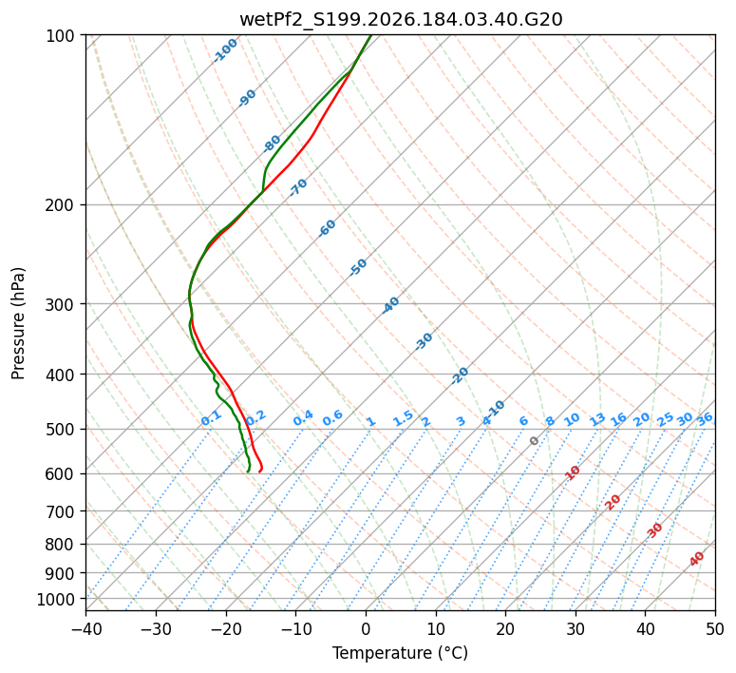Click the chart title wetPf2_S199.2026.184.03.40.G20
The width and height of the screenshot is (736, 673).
[401, 20]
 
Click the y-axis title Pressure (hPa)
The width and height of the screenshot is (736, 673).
[18, 323]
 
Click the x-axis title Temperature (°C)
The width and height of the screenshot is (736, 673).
[401, 653]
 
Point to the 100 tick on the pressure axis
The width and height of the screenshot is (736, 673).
[61, 36]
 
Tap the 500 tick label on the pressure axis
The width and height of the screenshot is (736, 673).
[61, 430]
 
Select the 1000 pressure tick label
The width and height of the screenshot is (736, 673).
[55, 600]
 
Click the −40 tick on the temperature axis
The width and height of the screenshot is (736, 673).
[85, 628]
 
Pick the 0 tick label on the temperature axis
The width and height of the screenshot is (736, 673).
[367, 628]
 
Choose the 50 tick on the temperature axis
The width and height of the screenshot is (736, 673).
[715, 628]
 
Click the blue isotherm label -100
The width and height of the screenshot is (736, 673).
[225, 50]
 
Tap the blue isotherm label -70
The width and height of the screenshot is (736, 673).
[298, 187]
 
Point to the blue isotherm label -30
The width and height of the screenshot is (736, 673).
[424, 341]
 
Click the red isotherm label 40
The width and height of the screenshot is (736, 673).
[697, 559]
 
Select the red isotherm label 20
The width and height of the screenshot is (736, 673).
[613, 503]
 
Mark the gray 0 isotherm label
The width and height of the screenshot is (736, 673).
[534, 441]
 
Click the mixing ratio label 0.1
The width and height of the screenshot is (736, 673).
[211, 418]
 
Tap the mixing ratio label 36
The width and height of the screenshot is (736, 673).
[705, 419]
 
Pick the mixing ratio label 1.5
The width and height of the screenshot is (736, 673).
[404, 418]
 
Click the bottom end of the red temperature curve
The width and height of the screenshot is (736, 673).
[259, 471]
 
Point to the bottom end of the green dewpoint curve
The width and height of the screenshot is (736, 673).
[247, 471]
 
